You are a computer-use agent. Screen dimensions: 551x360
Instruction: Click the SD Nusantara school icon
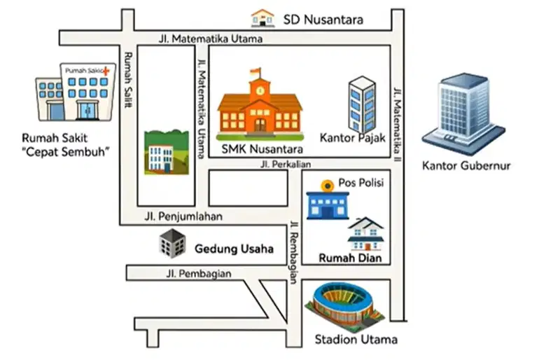[263, 18]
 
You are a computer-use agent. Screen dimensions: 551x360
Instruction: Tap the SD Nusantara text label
[323, 20]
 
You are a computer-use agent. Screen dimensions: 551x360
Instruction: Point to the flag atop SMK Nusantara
[256, 71]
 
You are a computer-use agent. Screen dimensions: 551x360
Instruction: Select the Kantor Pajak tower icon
[362, 105]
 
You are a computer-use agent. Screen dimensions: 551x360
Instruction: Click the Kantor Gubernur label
[466, 165]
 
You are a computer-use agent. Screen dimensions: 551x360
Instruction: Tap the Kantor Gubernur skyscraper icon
[463, 114]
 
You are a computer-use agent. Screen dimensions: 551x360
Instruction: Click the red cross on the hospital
[106, 71]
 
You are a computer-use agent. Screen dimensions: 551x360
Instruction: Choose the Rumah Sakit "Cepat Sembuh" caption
[65, 145]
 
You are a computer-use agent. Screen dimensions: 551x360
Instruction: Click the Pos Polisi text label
[361, 183]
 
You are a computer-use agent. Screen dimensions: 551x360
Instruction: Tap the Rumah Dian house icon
[365, 234]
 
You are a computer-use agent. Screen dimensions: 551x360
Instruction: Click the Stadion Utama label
[356, 340]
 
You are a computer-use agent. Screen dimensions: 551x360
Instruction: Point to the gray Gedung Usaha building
[172, 243]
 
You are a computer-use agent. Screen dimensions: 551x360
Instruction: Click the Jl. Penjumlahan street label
[183, 216]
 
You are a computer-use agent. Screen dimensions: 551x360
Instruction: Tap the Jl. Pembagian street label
[199, 274]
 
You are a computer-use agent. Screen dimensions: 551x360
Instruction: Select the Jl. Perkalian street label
[286, 164]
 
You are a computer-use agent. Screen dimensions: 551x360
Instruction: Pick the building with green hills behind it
[167, 152]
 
